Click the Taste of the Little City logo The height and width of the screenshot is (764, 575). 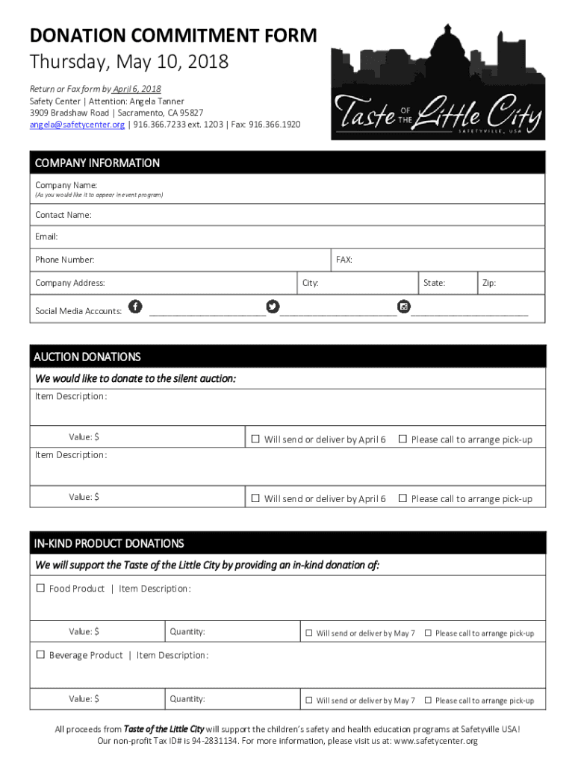[x=438, y=82]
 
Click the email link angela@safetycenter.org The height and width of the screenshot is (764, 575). [x=77, y=125]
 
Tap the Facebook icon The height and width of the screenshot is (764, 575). [x=135, y=306]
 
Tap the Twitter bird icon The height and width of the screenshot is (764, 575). [x=273, y=306]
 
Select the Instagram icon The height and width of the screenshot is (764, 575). [x=404, y=306]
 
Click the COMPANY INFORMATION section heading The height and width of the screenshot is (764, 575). [x=97, y=163]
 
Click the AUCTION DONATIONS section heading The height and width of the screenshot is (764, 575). [x=87, y=357]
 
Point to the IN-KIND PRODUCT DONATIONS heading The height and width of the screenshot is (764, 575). [x=109, y=543]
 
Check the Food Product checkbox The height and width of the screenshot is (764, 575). [x=41, y=589]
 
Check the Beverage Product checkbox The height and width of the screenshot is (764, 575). [x=41, y=655]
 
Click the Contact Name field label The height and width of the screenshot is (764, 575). [x=63, y=215]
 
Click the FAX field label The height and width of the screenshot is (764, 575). [x=344, y=260]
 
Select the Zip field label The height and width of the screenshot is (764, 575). [x=489, y=284]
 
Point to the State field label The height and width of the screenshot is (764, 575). [x=434, y=284]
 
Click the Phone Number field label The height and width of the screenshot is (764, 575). [x=65, y=260]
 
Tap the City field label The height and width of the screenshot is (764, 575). [x=311, y=284]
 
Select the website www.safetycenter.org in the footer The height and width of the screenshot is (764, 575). [x=435, y=741]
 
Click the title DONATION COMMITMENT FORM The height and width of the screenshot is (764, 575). [x=173, y=36]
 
